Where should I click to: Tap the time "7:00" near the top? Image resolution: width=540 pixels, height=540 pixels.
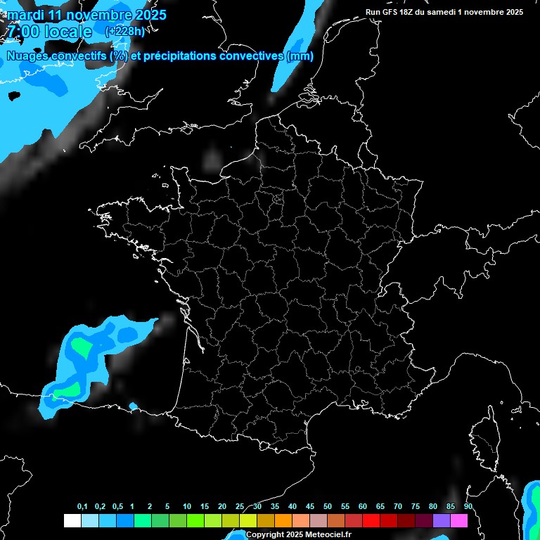pos(22,32)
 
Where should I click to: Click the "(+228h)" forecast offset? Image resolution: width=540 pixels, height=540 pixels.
pos(124,32)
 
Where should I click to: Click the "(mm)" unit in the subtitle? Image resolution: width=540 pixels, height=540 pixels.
pos(300,56)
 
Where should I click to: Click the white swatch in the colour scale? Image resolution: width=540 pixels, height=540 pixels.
pos(72,521)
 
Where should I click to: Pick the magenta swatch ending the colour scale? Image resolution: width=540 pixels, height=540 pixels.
pos(459,521)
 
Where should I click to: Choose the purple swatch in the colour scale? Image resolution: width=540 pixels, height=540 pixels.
pos(442,521)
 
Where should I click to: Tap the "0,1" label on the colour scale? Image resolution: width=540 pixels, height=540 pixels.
pos(82,507)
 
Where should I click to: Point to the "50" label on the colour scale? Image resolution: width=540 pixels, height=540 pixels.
pos(328,507)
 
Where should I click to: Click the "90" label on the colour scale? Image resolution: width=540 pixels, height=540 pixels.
pos(468,507)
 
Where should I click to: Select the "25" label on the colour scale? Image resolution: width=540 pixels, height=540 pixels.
pos(240,507)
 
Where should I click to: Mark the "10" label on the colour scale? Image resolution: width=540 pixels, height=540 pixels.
pos(187,507)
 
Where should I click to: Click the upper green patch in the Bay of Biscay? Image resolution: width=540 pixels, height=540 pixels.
pos(82,347)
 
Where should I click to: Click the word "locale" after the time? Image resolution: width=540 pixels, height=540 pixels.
pos(67,32)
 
